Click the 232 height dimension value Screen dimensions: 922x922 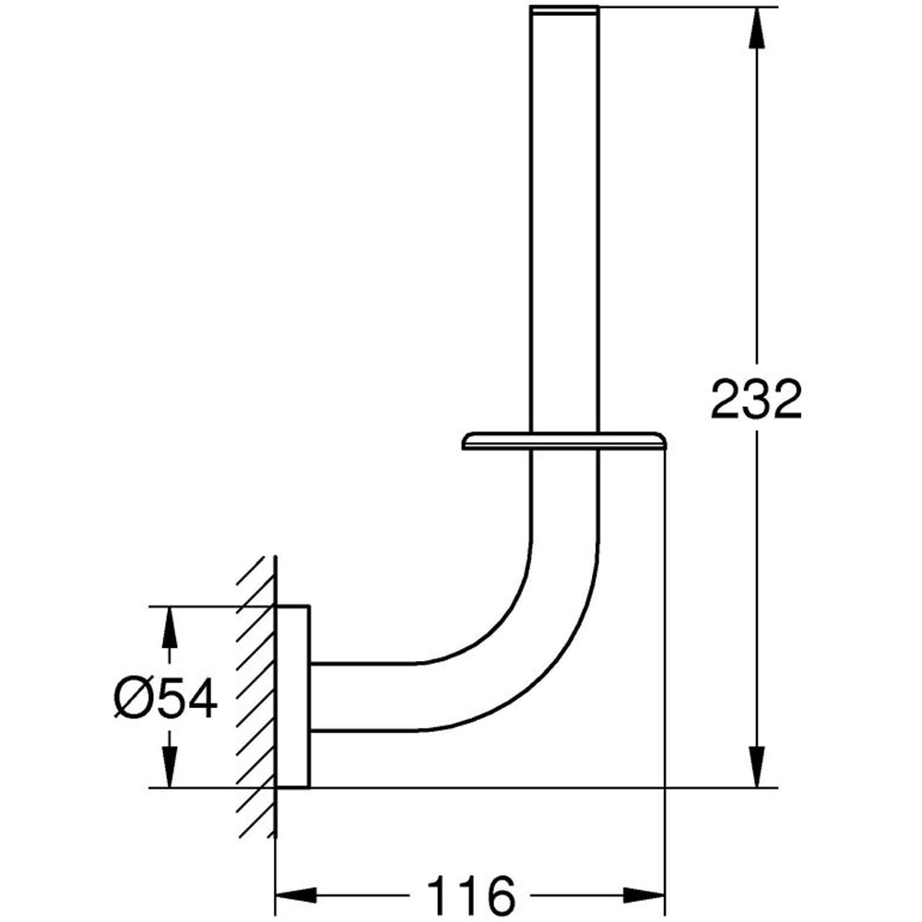point(756,400)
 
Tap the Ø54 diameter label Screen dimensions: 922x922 point(166,698)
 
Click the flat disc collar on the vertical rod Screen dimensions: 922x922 point(564,441)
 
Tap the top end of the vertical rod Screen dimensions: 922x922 point(565,11)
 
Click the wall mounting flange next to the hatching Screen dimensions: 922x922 point(294,697)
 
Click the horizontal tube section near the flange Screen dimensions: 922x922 point(360,697)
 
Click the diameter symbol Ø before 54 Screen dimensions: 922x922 point(132,698)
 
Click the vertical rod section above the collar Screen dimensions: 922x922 point(565,230)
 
